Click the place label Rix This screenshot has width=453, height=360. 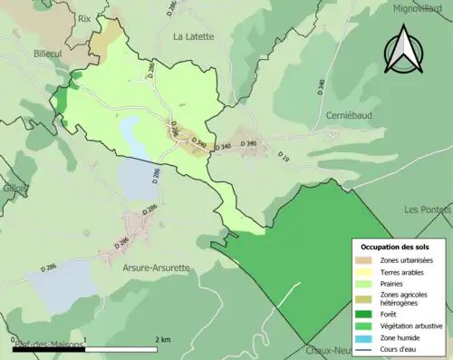pyautogui.click(x=85, y=17)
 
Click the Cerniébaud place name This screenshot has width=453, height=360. pyautogui.click(x=348, y=117)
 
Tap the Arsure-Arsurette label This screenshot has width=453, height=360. pyautogui.click(x=156, y=268)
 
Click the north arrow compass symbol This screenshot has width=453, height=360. pyautogui.click(x=403, y=50)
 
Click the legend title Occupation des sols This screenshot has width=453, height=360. pyautogui.click(x=397, y=246)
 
